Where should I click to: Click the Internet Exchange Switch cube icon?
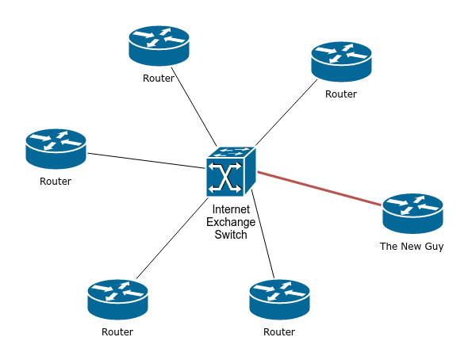click(231, 172)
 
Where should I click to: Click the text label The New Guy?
click(412, 247)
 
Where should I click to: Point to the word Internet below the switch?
click(231, 210)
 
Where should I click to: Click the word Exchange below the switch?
click(231, 223)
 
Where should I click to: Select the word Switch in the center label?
click(231, 235)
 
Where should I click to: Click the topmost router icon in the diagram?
click(159, 46)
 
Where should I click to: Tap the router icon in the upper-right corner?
click(341, 62)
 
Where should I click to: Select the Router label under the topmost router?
click(159, 79)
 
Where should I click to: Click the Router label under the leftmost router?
click(56, 182)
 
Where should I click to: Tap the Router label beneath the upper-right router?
click(341, 94)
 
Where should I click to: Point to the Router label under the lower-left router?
click(117, 332)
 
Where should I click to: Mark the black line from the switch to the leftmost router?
click(147, 160)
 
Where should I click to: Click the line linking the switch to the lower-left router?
click(171, 238)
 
